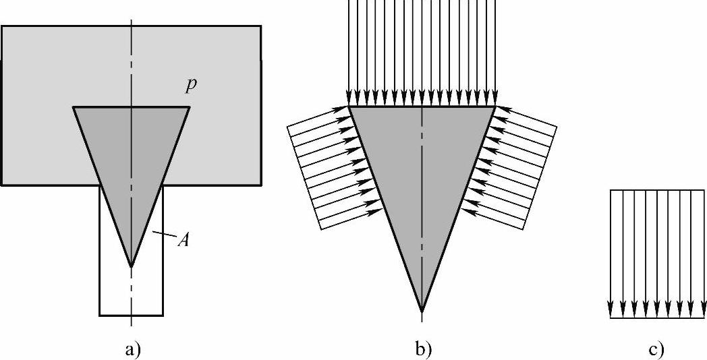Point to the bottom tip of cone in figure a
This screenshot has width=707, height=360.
pyautogui.click(x=132, y=267)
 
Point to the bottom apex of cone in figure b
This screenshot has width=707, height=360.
pyautogui.click(x=422, y=311)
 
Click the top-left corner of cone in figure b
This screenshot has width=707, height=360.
pyautogui.click(x=348, y=107)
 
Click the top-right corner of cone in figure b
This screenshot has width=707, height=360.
pyautogui.click(x=496, y=107)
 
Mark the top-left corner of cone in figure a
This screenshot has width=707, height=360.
pyautogui.click(x=74, y=107)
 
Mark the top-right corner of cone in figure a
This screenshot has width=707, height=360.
pyautogui.click(x=190, y=107)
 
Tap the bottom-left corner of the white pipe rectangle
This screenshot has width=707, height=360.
pyautogui.click(x=100, y=315)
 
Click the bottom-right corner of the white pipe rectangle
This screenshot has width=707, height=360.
pyautogui.click(x=163, y=315)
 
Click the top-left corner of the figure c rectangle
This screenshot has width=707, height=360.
pyautogui.click(x=611, y=190)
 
